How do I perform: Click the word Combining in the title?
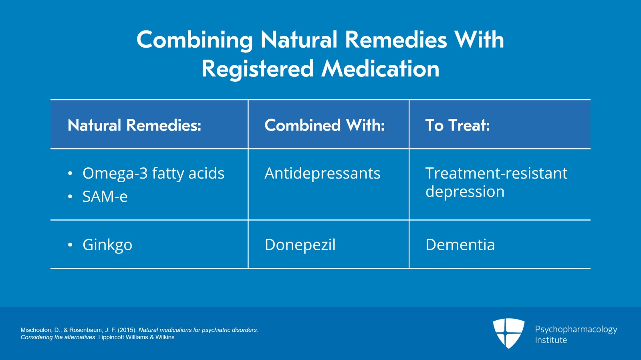(195, 40)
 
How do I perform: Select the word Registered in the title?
(258, 69)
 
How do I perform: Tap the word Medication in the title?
(380, 68)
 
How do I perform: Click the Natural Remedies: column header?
(135, 125)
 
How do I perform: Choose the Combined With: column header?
(325, 125)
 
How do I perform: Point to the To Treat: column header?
(458, 125)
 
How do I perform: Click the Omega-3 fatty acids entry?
(153, 173)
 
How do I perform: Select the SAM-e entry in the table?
(105, 197)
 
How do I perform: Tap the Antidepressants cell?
(323, 173)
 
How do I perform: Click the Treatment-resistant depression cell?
(496, 182)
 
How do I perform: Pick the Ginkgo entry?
(107, 245)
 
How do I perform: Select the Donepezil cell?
(300, 245)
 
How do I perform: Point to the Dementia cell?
(460, 245)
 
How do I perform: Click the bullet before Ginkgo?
(70, 245)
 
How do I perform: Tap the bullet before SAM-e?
(70, 197)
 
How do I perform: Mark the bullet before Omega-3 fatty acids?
(70, 173)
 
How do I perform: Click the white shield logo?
(509, 333)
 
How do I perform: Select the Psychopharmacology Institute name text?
(576, 334)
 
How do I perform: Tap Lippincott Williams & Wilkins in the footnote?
(137, 338)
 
